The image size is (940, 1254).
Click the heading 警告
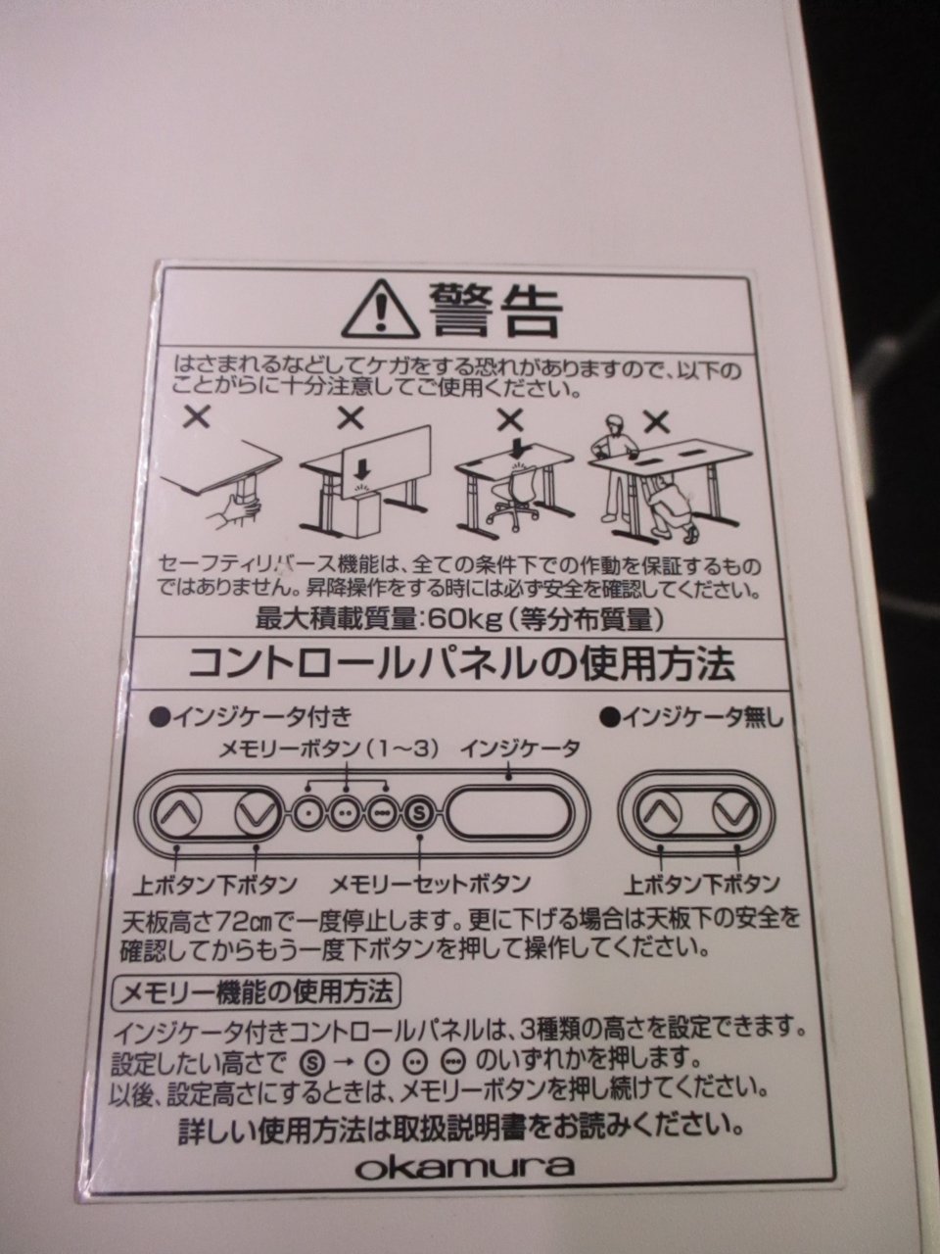pos(495,311)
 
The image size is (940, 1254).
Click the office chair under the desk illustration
pos(512,493)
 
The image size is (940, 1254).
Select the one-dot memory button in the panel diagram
pos(308,813)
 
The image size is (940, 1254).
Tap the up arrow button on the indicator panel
pos(177,813)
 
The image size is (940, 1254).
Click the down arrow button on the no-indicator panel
pos(735,813)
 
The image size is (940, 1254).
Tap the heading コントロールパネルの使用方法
pos(461,662)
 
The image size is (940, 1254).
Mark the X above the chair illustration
pos(510,421)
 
